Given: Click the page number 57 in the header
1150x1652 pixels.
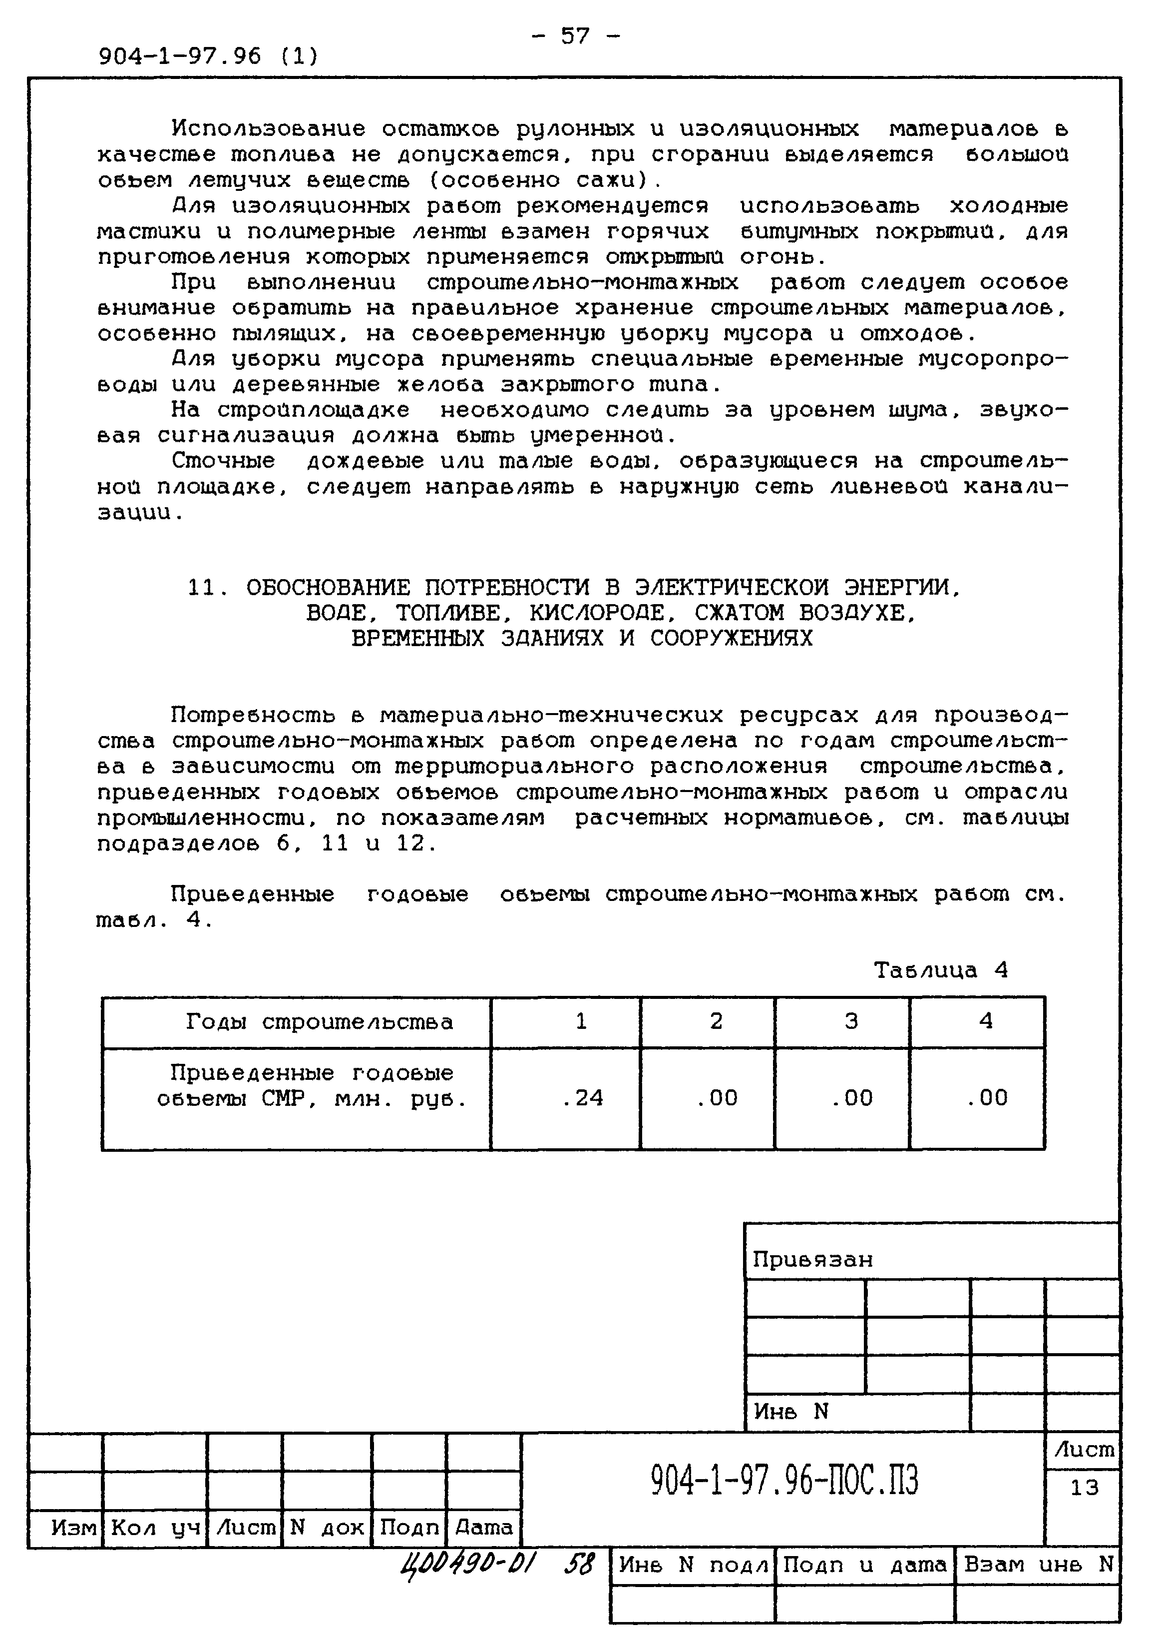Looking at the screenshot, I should (x=575, y=35).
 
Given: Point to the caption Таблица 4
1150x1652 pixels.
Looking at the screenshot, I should (x=941, y=970).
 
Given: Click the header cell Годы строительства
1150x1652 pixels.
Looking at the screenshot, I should (x=319, y=1022).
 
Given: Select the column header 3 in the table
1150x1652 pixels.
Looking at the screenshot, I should (x=851, y=1021).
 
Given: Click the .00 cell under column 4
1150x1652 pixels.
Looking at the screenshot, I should (x=986, y=1097).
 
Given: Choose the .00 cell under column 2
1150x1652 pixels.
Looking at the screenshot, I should (x=717, y=1097).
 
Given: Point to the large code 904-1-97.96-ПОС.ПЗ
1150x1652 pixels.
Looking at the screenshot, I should (x=784, y=1481).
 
